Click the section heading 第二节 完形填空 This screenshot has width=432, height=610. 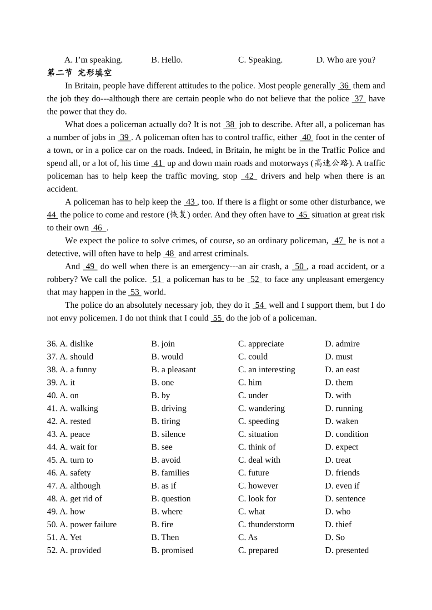pos(79,73)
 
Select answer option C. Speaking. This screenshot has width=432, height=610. pos(260,60)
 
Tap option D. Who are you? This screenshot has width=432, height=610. pos(346,60)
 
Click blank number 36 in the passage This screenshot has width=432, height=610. pos(344,86)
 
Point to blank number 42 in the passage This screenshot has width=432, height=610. pos(249,176)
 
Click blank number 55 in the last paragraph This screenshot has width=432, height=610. pos(217,318)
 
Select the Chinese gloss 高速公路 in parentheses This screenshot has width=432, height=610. pos(332,163)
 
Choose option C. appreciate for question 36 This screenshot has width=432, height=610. pos(261,344)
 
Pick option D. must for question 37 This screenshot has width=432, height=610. pos(339,357)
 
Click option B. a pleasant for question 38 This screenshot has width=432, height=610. pos(174,370)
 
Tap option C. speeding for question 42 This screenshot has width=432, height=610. pos(259,421)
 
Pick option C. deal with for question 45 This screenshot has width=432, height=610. pos(259,460)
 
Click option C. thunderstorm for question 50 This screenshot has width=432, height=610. pos(266,525)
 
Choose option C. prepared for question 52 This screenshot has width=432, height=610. pos(258,550)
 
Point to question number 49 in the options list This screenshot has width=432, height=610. pos(52,512)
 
